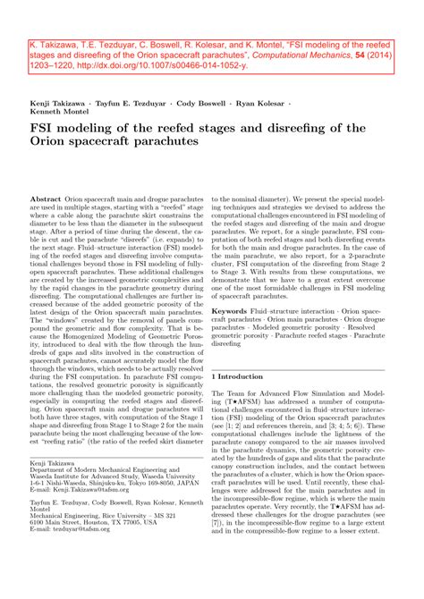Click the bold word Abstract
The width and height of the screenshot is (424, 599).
(x=47, y=200)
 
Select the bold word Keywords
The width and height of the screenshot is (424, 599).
(x=232, y=311)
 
